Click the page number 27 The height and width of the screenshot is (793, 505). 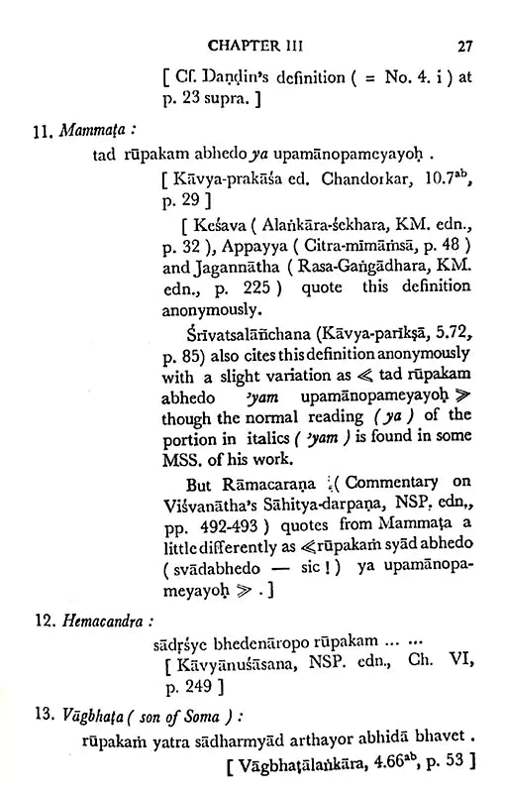coord(466,44)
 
